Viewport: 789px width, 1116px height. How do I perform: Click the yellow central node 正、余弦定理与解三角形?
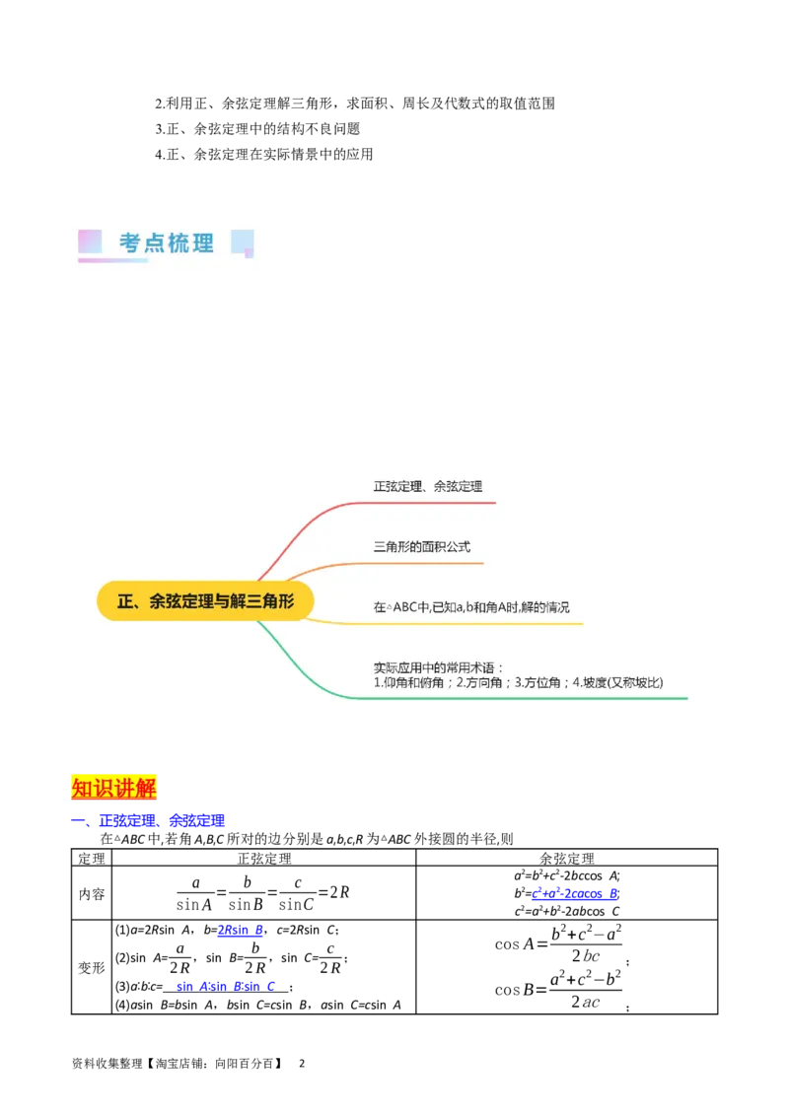click(x=205, y=600)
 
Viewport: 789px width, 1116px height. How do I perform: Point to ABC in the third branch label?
click(x=405, y=607)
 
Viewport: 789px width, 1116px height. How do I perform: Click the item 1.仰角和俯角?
click(x=412, y=682)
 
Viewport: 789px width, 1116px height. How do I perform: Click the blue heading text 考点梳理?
click(x=167, y=243)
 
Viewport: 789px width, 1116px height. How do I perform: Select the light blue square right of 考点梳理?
click(x=242, y=242)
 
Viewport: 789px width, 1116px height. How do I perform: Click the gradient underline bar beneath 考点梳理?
click(x=113, y=261)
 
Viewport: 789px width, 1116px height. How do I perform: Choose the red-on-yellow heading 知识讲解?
click(x=114, y=788)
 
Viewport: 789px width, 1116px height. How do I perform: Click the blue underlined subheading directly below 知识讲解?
click(x=150, y=820)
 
